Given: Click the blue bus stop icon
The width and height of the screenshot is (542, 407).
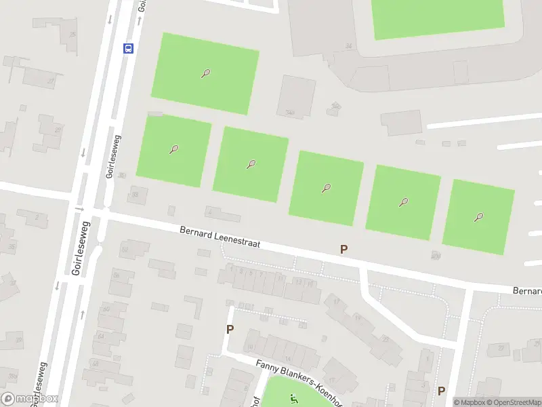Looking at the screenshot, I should (x=128, y=48).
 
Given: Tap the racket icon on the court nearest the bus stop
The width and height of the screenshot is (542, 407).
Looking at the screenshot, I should (x=205, y=73).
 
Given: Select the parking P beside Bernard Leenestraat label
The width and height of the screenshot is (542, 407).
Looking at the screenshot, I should (x=343, y=249).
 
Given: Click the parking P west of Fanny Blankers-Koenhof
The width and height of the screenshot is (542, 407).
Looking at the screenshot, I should (x=230, y=329).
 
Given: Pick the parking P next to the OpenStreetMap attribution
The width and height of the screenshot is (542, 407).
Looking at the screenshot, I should (x=441, y=390).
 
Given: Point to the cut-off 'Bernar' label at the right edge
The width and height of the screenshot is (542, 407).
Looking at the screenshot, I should (x=526, y=291).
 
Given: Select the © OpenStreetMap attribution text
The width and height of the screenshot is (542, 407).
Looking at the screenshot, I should (x=510, y=402).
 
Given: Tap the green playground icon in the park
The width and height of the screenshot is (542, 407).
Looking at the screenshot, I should (x=293, y=399).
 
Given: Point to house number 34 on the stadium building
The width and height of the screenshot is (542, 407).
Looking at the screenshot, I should (x=349, y=46).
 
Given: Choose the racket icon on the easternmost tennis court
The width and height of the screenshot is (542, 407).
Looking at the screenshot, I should (x=479, y=217).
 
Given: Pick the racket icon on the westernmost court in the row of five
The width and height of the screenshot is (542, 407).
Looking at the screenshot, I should (x=174, y=149).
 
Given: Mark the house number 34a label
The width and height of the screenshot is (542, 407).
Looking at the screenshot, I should (x=290, y=113).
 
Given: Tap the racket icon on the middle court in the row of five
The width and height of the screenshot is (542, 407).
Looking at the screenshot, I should (x=327, y=188).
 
